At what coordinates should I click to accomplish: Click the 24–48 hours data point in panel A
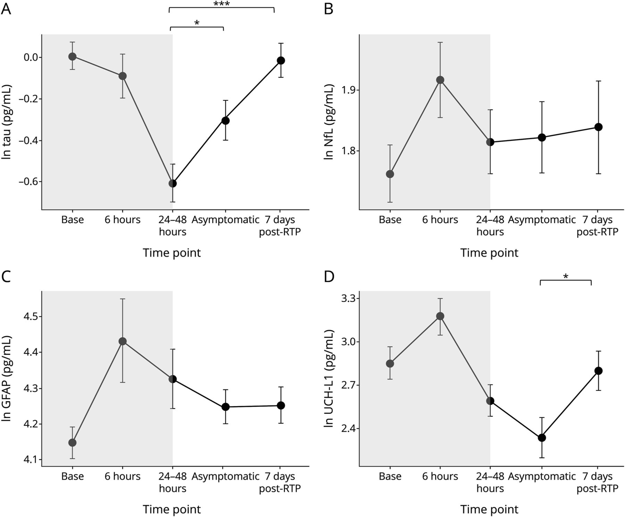click(173, 183)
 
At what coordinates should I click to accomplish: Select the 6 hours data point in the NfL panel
click(440, 80)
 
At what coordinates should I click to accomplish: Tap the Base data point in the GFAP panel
click(72, 442)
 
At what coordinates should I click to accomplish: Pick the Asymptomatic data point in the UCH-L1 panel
click(542, 437)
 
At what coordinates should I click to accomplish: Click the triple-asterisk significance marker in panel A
click(222, 4)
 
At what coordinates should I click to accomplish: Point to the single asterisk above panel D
click(566, 277)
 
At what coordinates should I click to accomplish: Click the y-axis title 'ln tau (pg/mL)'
click(7, 122)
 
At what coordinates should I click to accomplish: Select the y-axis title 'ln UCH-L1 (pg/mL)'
click(328, 379)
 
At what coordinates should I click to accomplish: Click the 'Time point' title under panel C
click(172, 509)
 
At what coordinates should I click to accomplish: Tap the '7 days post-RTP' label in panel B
click(597, 226)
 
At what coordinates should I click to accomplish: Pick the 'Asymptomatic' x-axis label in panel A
click(225, 220)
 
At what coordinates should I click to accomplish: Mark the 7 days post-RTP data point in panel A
click(281, 60)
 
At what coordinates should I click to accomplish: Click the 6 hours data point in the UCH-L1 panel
click(440, 316)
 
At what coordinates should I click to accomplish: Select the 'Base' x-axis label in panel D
click(390, 476)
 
